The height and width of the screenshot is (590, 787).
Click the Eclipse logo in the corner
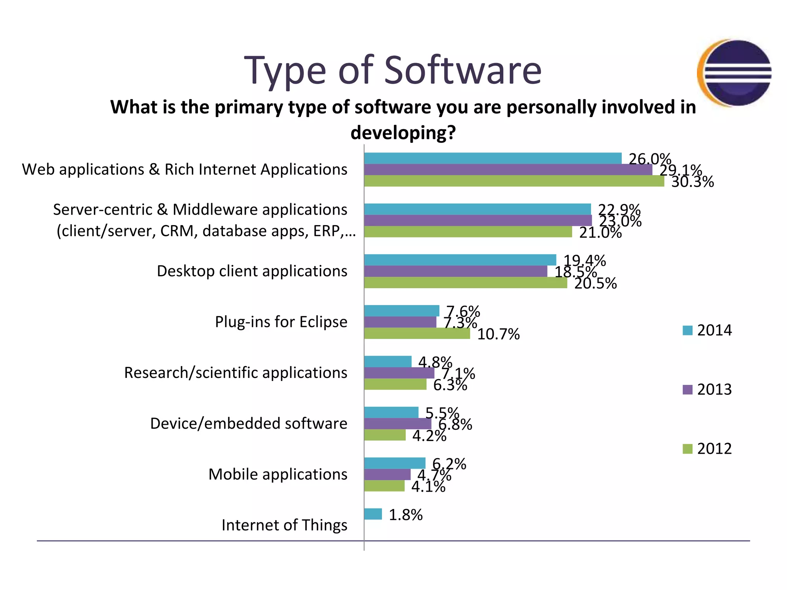coord(735,73)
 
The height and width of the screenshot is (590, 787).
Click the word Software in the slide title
coord(463,70)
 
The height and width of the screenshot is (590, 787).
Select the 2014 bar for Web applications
coord(493,158)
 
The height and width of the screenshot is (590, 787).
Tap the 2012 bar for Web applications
coord(514,181)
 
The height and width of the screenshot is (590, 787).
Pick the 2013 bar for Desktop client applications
coord(455,271)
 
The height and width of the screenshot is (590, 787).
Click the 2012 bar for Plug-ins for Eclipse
coord(417,333)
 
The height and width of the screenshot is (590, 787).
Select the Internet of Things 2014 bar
coord(373,514)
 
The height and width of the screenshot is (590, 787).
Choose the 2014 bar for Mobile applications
coord(395,463)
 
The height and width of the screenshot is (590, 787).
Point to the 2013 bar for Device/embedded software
coord(397,424)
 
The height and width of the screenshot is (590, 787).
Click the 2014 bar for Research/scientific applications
coord(388,361)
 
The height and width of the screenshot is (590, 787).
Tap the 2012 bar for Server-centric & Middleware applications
coord(468,232)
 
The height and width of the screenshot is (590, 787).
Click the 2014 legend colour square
coord(687,330)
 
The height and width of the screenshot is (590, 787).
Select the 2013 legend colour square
coord(687,389)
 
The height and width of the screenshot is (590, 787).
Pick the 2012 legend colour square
coord(687,449)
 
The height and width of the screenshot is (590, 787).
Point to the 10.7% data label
coord(498,334)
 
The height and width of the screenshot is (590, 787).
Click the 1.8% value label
coord(405,515)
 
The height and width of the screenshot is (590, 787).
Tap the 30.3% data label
coord(692,182)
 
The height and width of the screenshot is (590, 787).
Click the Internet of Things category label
coord(284,525)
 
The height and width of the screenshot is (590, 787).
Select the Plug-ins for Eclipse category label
coord(281,322)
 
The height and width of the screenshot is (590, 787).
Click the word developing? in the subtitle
coord(403,133)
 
